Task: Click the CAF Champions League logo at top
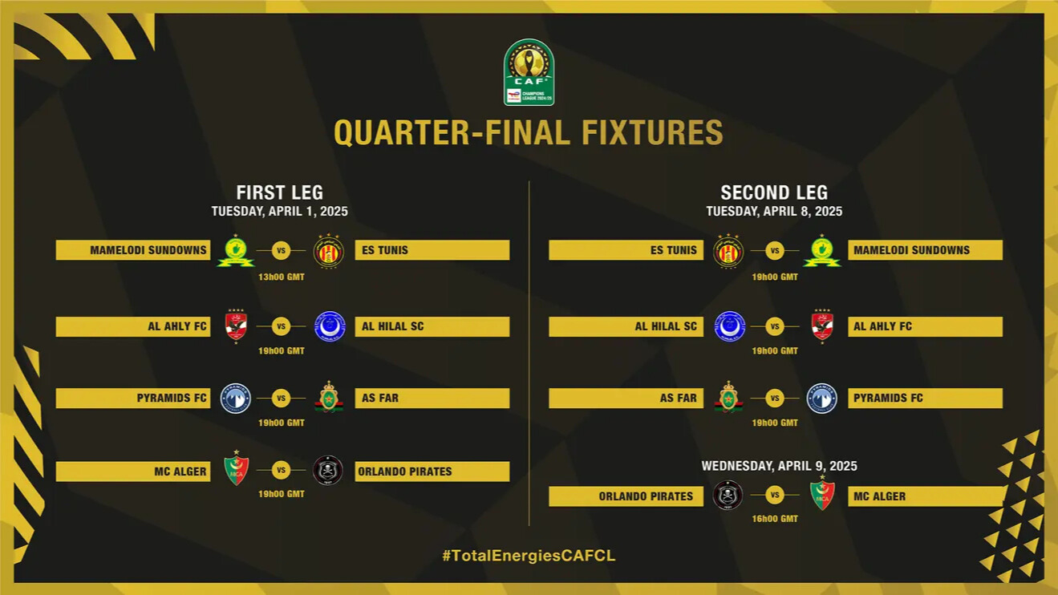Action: point(529,72)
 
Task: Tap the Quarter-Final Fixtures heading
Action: point(529,132)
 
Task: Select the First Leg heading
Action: point(280,192)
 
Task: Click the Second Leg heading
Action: point(774,192)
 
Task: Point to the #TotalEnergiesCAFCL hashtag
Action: point(529,555)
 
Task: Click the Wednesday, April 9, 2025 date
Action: point(779,466)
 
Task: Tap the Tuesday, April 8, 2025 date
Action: point(774,212)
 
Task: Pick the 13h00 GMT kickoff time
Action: point(281,277)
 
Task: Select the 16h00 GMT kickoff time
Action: point(775,519)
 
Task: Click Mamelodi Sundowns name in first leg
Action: point(148,250)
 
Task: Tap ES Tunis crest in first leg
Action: point(328,251)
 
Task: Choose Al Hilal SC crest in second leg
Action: point(729,326)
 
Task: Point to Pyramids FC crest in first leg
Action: point(236,399)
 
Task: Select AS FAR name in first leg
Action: point(380,399)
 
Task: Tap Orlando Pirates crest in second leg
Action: point(728,496)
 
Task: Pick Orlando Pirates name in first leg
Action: point(405,472)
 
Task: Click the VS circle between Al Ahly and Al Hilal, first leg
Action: point(281,326)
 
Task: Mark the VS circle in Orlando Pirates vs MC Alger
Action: point(775,496)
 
